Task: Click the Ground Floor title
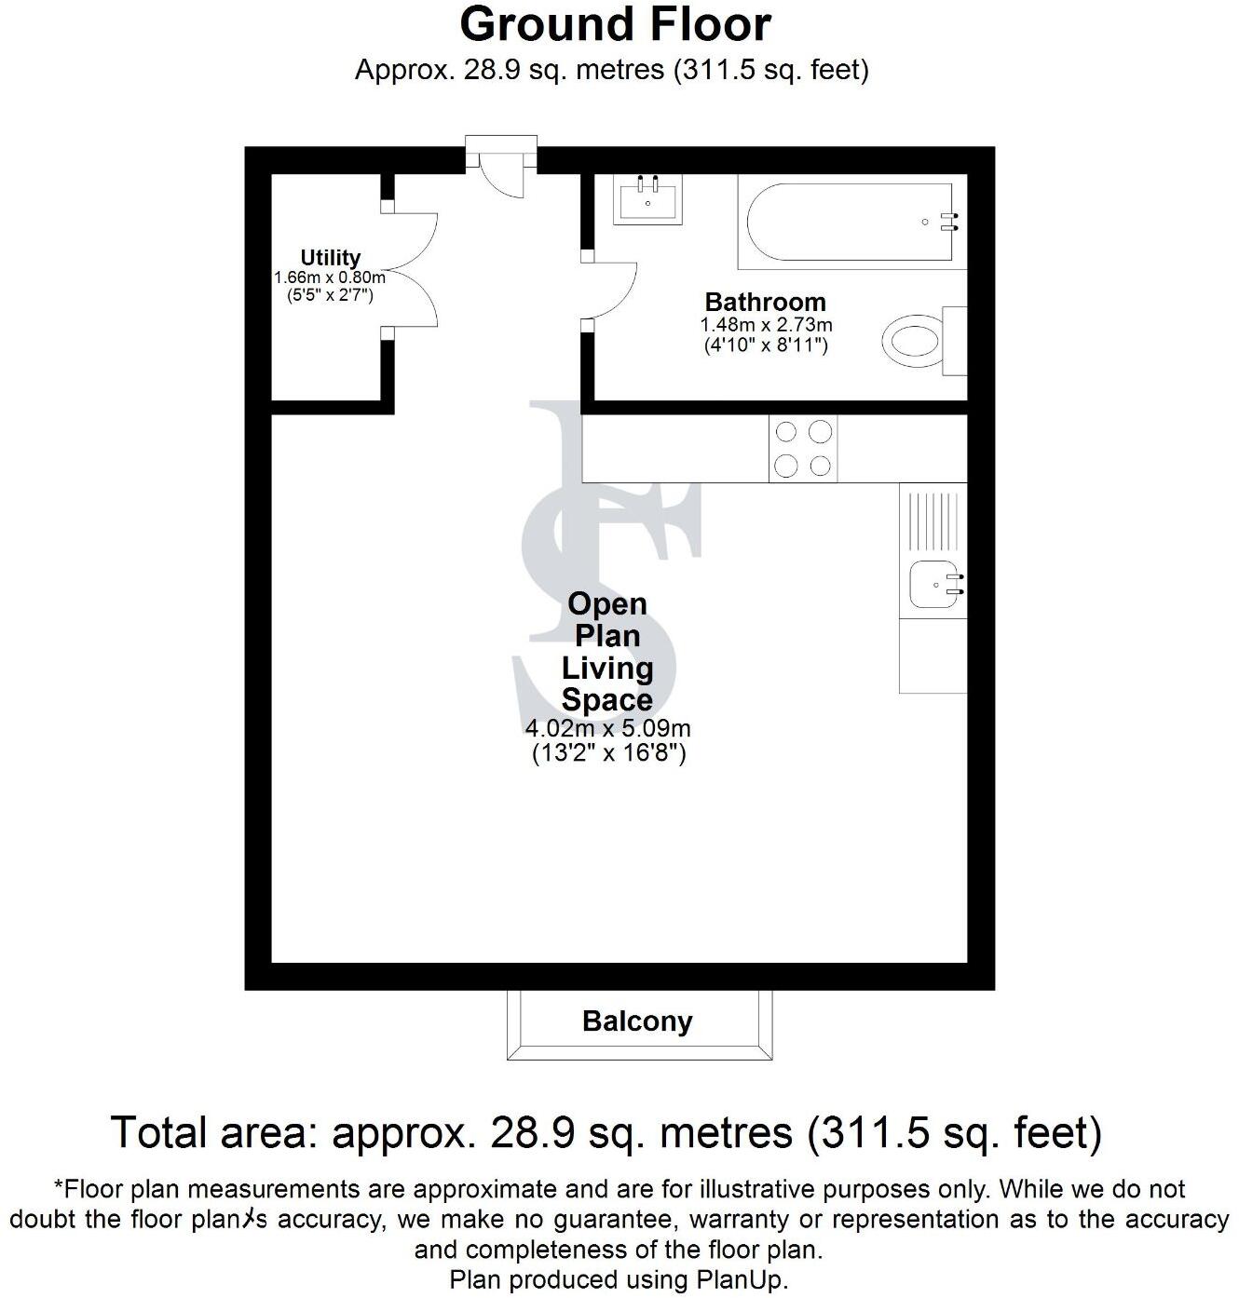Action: click(615, 25)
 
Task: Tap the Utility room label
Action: click(330, 257)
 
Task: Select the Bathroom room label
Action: click(765, 302)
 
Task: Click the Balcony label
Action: click(637, 1021)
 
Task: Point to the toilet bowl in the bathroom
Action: click(912, 341)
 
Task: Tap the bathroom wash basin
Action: click(647, 199)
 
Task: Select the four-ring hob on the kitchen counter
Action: click(803, 448)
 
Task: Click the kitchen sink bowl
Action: click(933, 585)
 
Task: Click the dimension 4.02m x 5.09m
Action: click(607, 729)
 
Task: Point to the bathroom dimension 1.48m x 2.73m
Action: click(766, 326)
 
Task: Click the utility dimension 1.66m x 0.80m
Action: click(329, 277)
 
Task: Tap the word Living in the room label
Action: click(607, 668)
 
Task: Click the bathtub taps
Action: click(949, 222)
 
